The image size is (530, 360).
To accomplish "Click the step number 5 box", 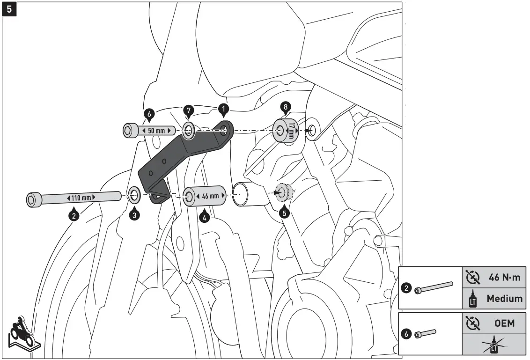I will (9, 9).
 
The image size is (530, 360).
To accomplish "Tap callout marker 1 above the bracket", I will (223, 110).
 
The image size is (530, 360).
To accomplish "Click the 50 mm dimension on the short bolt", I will (157, 131).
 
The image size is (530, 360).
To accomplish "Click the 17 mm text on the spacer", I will (292, 130).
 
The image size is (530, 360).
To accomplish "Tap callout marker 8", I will (284, 107).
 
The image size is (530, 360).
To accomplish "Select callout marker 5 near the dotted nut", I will (284, 212).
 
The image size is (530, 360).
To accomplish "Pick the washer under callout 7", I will (188, 130).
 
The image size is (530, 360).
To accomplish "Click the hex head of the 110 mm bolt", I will (32, 200).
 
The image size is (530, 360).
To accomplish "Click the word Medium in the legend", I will (504, 298).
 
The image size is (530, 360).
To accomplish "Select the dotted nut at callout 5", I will (283, 192).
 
